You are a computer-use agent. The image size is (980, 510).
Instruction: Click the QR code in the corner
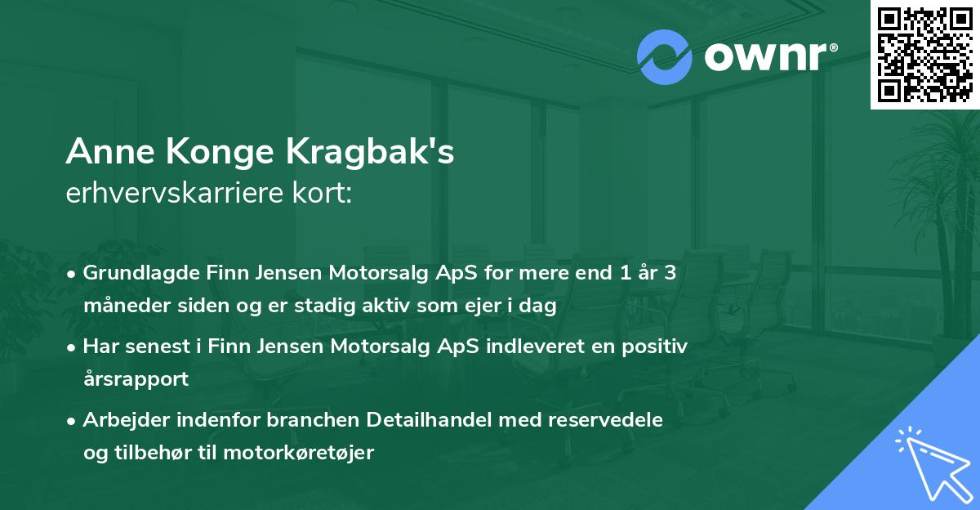pyautogui.click(x=924, y=55)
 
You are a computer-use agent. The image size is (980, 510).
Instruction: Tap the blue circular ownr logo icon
pyautogui.click(x=665, y=56)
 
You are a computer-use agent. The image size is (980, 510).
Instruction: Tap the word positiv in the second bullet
pyautogui.click(x=659, y=347)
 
